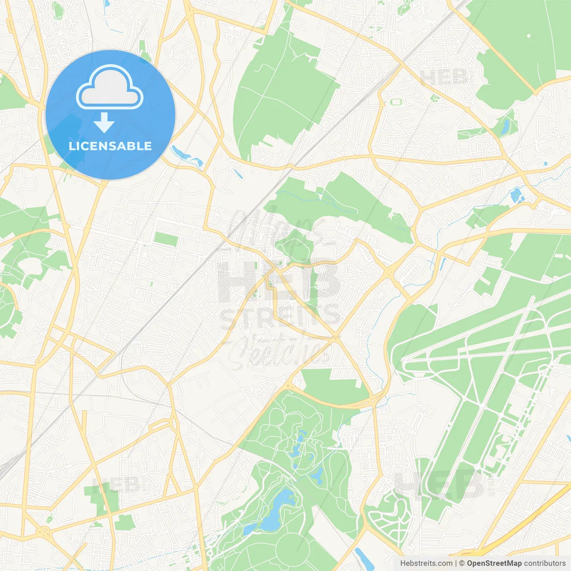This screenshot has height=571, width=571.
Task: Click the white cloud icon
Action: tap(110, 87)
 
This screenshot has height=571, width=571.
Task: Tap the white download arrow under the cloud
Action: tap(104, 123)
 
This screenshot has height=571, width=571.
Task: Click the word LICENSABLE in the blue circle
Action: tap(110, 146)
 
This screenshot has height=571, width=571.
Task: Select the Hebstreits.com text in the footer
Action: tap(426, 563)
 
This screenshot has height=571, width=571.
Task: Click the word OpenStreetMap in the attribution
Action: tap(494, 563)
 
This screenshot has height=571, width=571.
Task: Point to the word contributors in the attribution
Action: tap(545, 563)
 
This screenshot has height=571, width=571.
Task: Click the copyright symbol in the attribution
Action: tap(462, 563)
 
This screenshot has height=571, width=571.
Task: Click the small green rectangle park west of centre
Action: tap(166, 239)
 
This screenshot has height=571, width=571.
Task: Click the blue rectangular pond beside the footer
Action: tap(362, 556)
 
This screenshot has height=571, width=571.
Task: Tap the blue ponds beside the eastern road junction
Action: tap(517, 194)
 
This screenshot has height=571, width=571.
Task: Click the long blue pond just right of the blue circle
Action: tap(186, 156)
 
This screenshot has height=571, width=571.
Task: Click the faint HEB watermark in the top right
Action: tap(444, 77)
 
